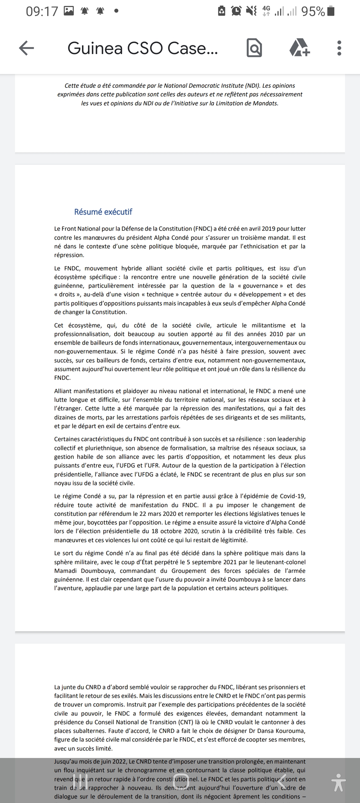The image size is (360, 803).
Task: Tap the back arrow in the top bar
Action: (x=27, y=48)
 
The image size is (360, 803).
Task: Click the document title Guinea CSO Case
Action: (x=143, y=48)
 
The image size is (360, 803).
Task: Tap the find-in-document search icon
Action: (x=254, y=48)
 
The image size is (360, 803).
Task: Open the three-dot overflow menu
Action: (x=339, y=48)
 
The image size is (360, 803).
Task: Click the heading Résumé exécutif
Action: (x=103, y=212)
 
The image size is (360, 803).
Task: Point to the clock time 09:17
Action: (x=42, y=12)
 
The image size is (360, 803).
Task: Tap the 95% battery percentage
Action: (x=313, y=12)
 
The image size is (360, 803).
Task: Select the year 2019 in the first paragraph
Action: (x=271, y=229)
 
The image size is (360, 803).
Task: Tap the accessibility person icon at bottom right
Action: (x=339, y=782)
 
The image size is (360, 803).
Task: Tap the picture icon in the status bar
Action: (x=69, y=11)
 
